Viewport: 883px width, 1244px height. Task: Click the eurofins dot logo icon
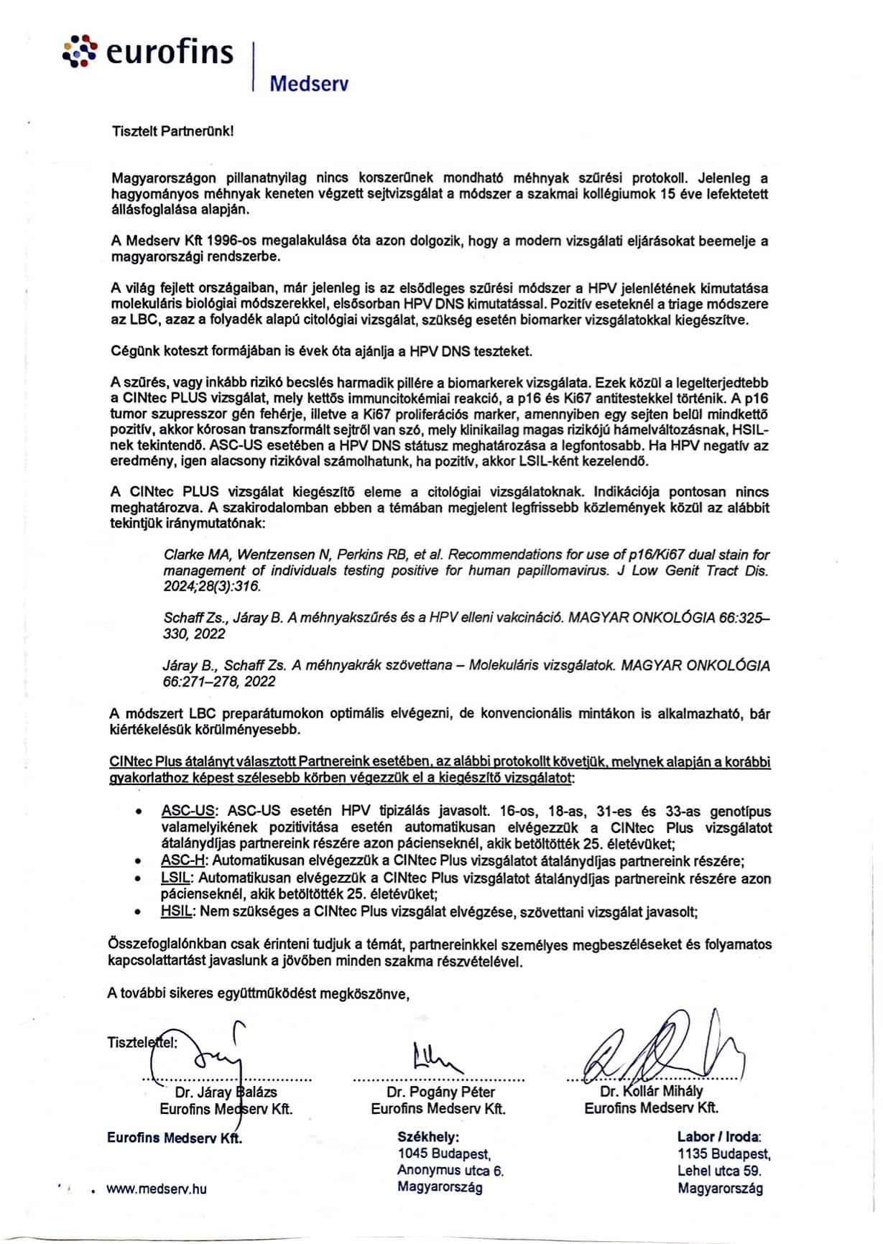click(x=80, y=51)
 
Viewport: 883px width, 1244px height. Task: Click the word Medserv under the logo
click(x=309, y=84)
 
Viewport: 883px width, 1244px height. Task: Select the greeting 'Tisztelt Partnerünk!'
click(x=172, y=131)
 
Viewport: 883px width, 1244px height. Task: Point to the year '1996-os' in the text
click(x=231, y=241)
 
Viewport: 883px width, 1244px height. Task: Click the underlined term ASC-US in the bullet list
click(x=188, y=812)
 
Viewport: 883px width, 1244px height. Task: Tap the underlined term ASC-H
click(x=183, y=860)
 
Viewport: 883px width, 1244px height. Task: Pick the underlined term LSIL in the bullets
click(x=176, y=878)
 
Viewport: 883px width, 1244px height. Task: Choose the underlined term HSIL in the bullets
click(x=177, y=911)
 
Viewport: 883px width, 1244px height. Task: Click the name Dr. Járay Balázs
click(x=226, y=1092)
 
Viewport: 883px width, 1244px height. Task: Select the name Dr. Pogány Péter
click(x=440, y=1092)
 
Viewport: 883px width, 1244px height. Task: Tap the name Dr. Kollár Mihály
click(x=651, y=1092)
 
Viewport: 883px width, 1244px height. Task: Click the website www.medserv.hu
click(x=156, y=1189)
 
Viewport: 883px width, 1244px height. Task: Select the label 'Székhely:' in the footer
click(x=428, y=1138)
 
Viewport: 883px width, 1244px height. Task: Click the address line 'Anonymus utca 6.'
click(x=450, y=1171)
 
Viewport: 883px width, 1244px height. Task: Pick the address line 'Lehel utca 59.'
click(x=719, y=1171)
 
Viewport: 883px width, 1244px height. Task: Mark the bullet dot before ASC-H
click(x=138, y=860)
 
